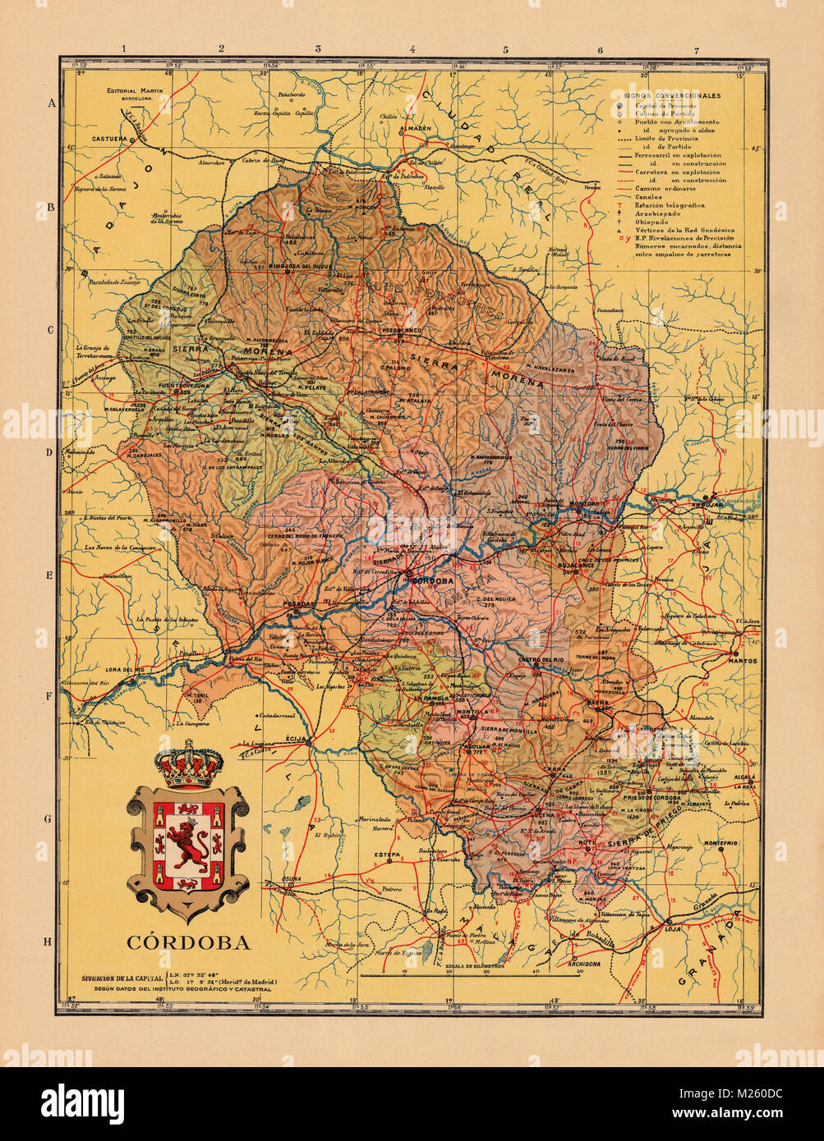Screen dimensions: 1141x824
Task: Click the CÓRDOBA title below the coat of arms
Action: coord(188,942)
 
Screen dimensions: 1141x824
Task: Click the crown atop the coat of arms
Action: coord(189,763)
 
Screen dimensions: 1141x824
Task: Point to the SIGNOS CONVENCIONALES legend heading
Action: coord(672,96)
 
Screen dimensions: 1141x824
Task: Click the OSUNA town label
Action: coord(292,879)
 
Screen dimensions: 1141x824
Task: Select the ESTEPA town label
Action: coord(387,855)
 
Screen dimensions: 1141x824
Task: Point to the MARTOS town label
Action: coord(743,660)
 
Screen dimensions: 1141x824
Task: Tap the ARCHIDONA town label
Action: coord(585,964)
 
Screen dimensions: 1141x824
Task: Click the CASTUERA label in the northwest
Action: coord(109,139)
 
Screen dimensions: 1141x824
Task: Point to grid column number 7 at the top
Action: coord(697,50)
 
